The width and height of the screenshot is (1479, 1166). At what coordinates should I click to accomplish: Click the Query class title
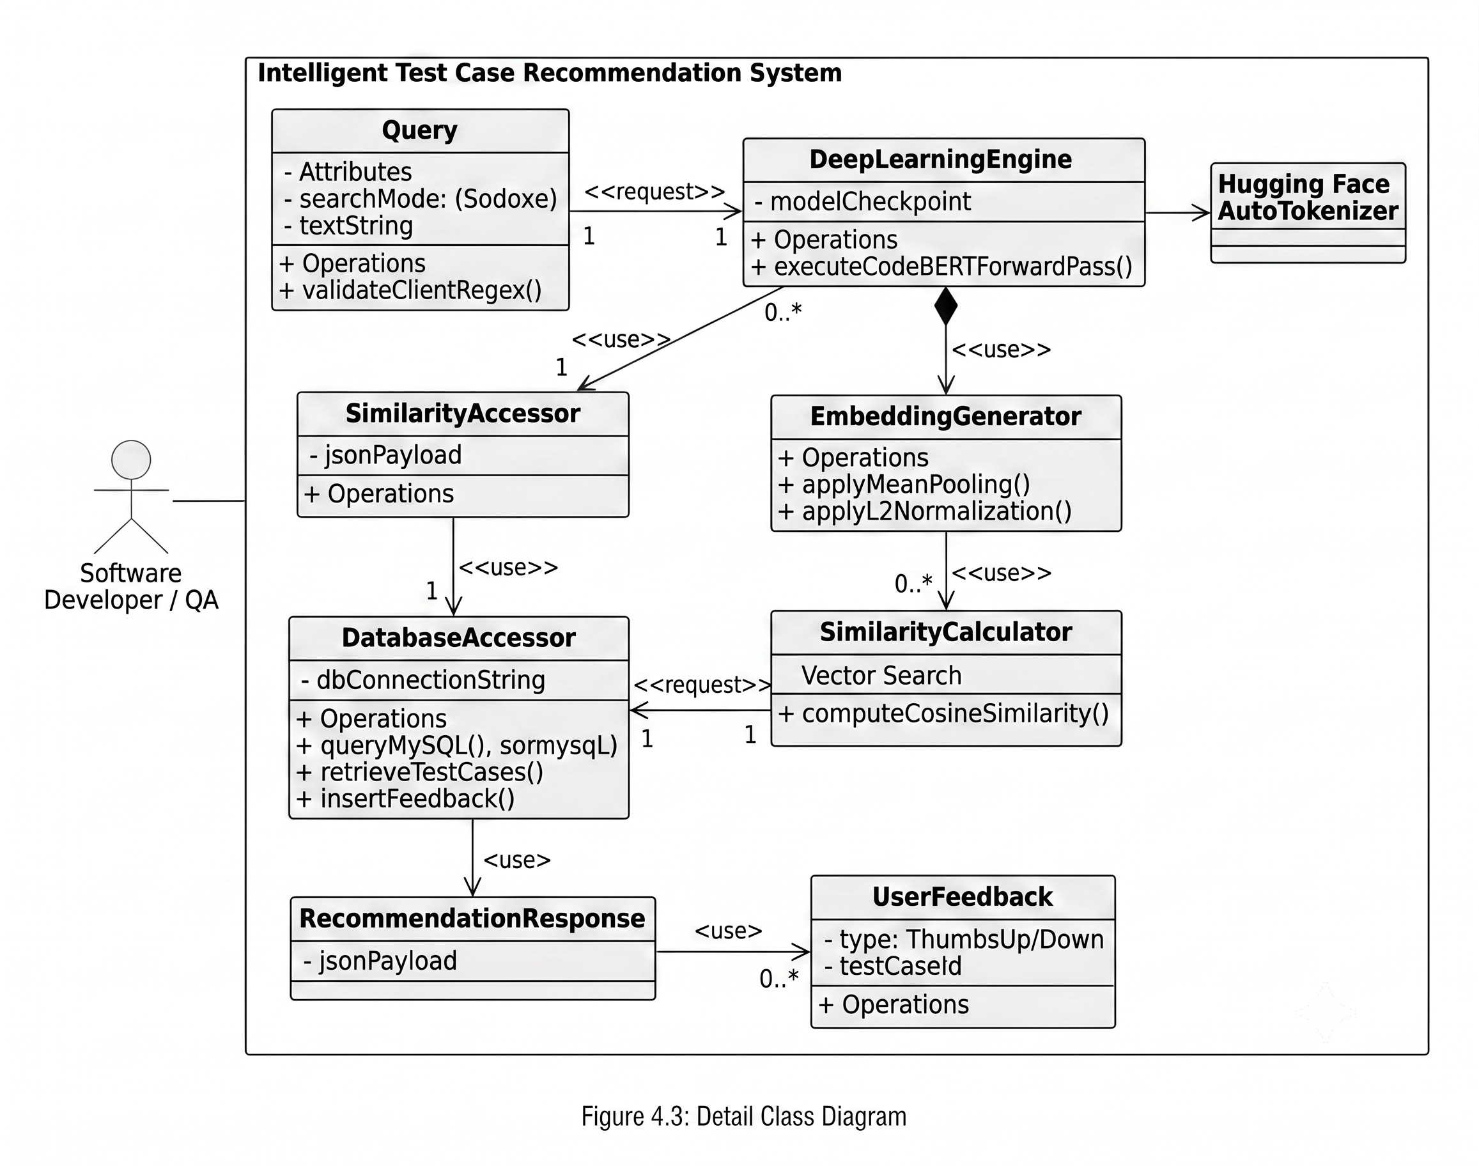(420, 130)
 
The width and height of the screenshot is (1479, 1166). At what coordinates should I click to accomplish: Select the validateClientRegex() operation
(410, 290)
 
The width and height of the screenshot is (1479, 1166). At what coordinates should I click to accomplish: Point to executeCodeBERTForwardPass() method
(942, 266)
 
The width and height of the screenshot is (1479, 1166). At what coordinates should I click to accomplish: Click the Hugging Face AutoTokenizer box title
(1308, 198)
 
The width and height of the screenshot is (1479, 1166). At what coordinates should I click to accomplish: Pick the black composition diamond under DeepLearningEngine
(945, 306)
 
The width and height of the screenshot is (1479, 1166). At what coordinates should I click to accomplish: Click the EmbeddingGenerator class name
(945, 416)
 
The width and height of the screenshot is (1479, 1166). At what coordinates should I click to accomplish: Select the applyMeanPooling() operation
(904, 484)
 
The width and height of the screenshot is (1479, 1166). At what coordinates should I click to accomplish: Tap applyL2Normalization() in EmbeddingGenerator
(925, 511)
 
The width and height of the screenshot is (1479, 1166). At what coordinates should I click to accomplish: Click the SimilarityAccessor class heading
(463, 414)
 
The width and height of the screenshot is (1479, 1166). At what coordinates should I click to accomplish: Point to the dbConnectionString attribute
(423, 680)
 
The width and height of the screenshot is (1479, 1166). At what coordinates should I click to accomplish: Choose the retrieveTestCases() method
(420, 772)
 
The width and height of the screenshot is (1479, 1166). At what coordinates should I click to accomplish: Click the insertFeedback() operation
(405, 798)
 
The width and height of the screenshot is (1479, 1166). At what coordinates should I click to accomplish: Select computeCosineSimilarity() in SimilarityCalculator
(944, 713)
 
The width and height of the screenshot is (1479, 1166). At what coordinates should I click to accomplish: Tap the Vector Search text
(881, 675)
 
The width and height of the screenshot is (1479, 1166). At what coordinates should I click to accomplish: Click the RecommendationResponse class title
(472, 919)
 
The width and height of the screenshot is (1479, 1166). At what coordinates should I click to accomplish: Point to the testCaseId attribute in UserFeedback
(894, 966)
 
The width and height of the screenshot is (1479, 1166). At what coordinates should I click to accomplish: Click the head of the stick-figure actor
(131, 460)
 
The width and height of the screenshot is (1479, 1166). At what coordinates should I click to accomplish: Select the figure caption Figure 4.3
(744, 1116)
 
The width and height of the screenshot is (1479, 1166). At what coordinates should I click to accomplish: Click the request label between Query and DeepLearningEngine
(654, 192)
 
